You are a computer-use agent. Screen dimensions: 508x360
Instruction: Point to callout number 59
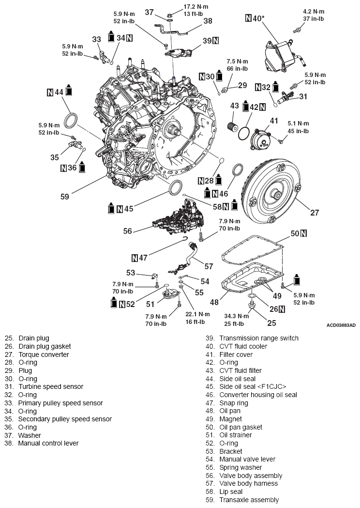(65, 196)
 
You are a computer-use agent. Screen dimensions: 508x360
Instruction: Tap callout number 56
(128, 231)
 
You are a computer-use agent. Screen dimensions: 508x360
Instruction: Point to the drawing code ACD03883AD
(341, 325)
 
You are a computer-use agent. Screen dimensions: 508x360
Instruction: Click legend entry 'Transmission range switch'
(259, 338)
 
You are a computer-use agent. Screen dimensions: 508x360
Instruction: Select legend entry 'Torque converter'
(44, 354)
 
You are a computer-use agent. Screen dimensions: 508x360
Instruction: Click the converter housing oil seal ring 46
(238, 171)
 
